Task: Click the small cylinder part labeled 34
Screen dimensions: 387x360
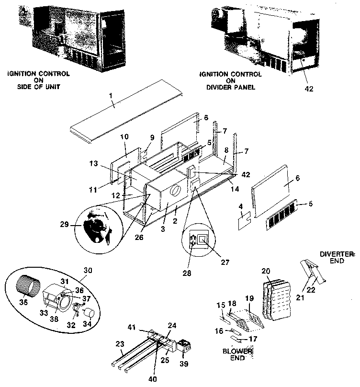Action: point(88,314)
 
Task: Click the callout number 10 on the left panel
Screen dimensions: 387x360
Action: point(124,137)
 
